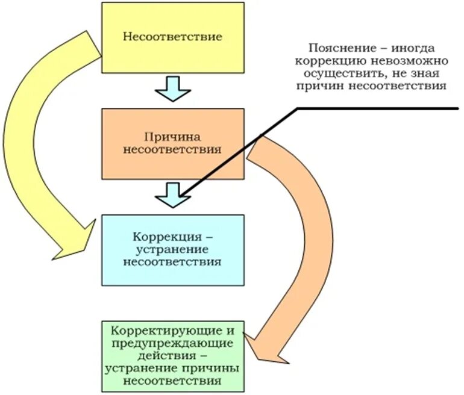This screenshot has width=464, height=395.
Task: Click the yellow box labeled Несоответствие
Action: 172,36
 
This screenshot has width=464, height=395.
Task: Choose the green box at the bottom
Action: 172,355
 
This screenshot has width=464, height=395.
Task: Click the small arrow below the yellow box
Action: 172,87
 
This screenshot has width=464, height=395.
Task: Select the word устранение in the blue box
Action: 172,249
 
